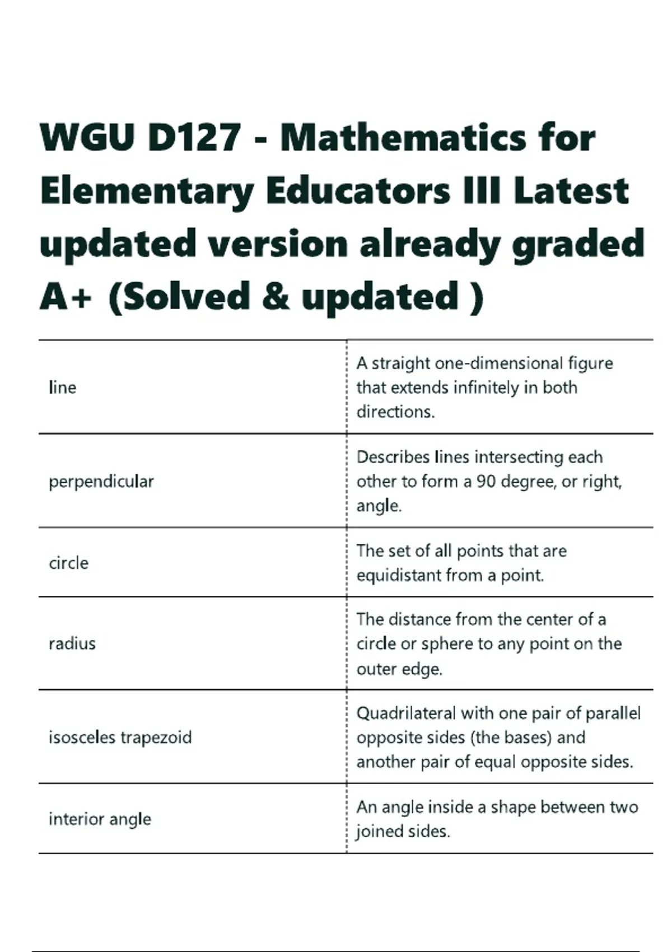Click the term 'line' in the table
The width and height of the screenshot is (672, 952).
tap(63, 388)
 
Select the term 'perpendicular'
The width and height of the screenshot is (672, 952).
tap(101, 482)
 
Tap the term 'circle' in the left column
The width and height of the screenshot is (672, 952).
tap(69, 563)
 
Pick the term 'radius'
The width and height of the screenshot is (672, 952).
tap(72, 643)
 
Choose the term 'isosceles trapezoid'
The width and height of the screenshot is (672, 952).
tap(120, 737)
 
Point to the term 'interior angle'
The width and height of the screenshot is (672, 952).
tap(100, 819)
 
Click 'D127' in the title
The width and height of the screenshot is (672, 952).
tap(195, 137)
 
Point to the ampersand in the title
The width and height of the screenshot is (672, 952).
tap(275, 297)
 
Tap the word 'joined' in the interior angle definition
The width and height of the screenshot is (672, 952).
tap(379, 832)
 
